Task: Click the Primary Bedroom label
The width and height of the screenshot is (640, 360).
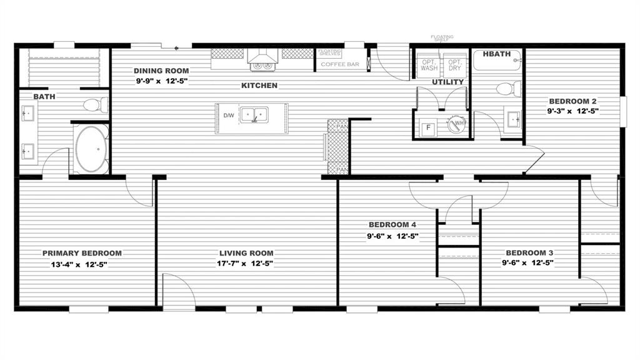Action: coord(82,253)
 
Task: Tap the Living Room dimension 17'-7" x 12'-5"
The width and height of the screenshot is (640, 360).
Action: coord(246,263)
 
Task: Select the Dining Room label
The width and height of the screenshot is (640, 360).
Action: coord(161,71)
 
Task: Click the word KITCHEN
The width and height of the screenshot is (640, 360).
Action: coord(259,85)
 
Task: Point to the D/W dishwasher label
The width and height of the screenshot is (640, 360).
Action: coord(228,115)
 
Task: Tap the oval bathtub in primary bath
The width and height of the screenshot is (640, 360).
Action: coord(92,150)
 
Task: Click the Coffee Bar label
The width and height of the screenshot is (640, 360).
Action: coord(339,64)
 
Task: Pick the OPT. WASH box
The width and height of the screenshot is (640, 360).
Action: coord(429,64)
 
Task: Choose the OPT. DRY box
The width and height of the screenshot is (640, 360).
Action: coord(454,64)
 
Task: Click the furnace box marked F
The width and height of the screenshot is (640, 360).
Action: coord(428,127)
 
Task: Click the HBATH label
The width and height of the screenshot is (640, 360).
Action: coord(497,54)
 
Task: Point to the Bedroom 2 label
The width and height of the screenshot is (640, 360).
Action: coord(573,101)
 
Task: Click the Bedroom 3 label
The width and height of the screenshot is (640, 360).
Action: coord(529,252)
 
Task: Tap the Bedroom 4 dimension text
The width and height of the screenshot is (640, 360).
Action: coord(392,236)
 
